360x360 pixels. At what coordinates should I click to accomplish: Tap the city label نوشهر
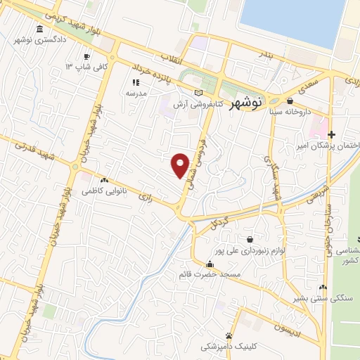[246, 102]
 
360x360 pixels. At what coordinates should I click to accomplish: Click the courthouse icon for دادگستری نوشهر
[39, 30]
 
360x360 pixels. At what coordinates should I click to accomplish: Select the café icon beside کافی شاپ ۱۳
[86, 56]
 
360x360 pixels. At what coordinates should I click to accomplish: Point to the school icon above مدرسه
[135, 82]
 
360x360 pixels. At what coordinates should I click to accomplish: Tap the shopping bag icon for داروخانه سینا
[290, 101]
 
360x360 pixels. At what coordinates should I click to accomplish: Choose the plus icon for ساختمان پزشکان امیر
[332, 134]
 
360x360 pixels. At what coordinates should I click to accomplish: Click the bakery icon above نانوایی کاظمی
[104, 180]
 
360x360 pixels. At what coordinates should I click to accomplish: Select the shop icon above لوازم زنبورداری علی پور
[250, 239]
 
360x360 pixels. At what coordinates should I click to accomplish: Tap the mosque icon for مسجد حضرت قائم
[210, 264]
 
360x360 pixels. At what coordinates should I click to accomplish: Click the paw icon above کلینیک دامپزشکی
[229, 335]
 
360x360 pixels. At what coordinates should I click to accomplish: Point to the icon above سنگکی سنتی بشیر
[323, 287]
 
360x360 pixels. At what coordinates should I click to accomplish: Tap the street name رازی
[146, 188]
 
